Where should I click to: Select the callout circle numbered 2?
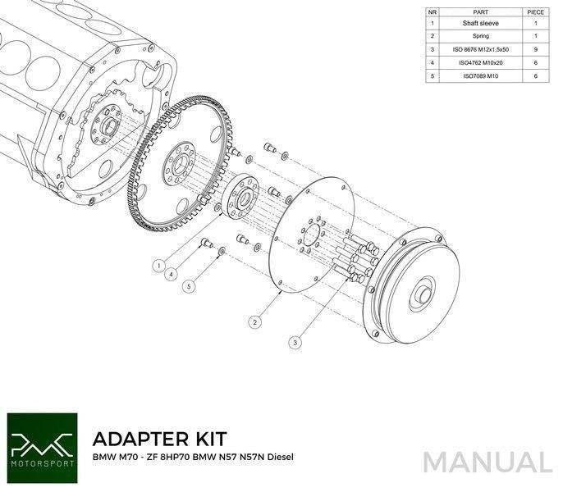pos(256,322)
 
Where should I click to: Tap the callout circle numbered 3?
pos(295,340)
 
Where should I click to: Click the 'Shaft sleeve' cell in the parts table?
pos(481,24)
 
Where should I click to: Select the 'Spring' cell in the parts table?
pos(481,37)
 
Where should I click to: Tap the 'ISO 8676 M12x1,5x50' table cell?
pos(481,50)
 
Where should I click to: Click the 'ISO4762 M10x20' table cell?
pos(481,63)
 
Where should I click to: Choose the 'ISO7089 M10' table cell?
pos(481,76)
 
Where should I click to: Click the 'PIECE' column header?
pos(536,11)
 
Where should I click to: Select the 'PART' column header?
pos(481,11)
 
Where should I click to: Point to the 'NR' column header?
pos(433,11)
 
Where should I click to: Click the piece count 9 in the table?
pos(536,50)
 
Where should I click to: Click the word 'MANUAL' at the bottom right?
pos(489,461)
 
